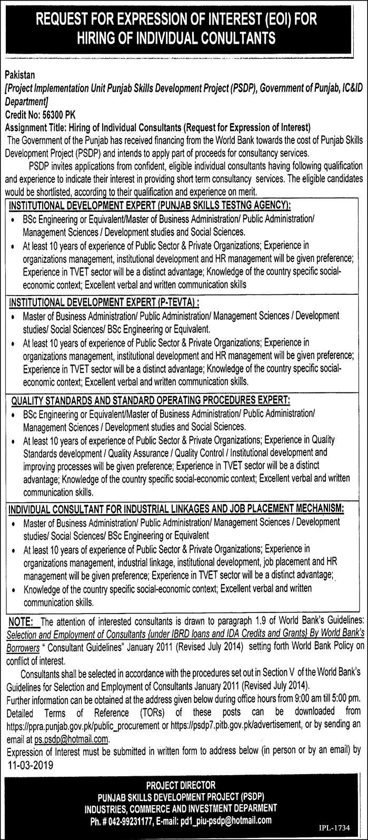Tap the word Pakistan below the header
(x=19, y=75)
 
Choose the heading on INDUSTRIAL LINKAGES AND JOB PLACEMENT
(x=176, y=509)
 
